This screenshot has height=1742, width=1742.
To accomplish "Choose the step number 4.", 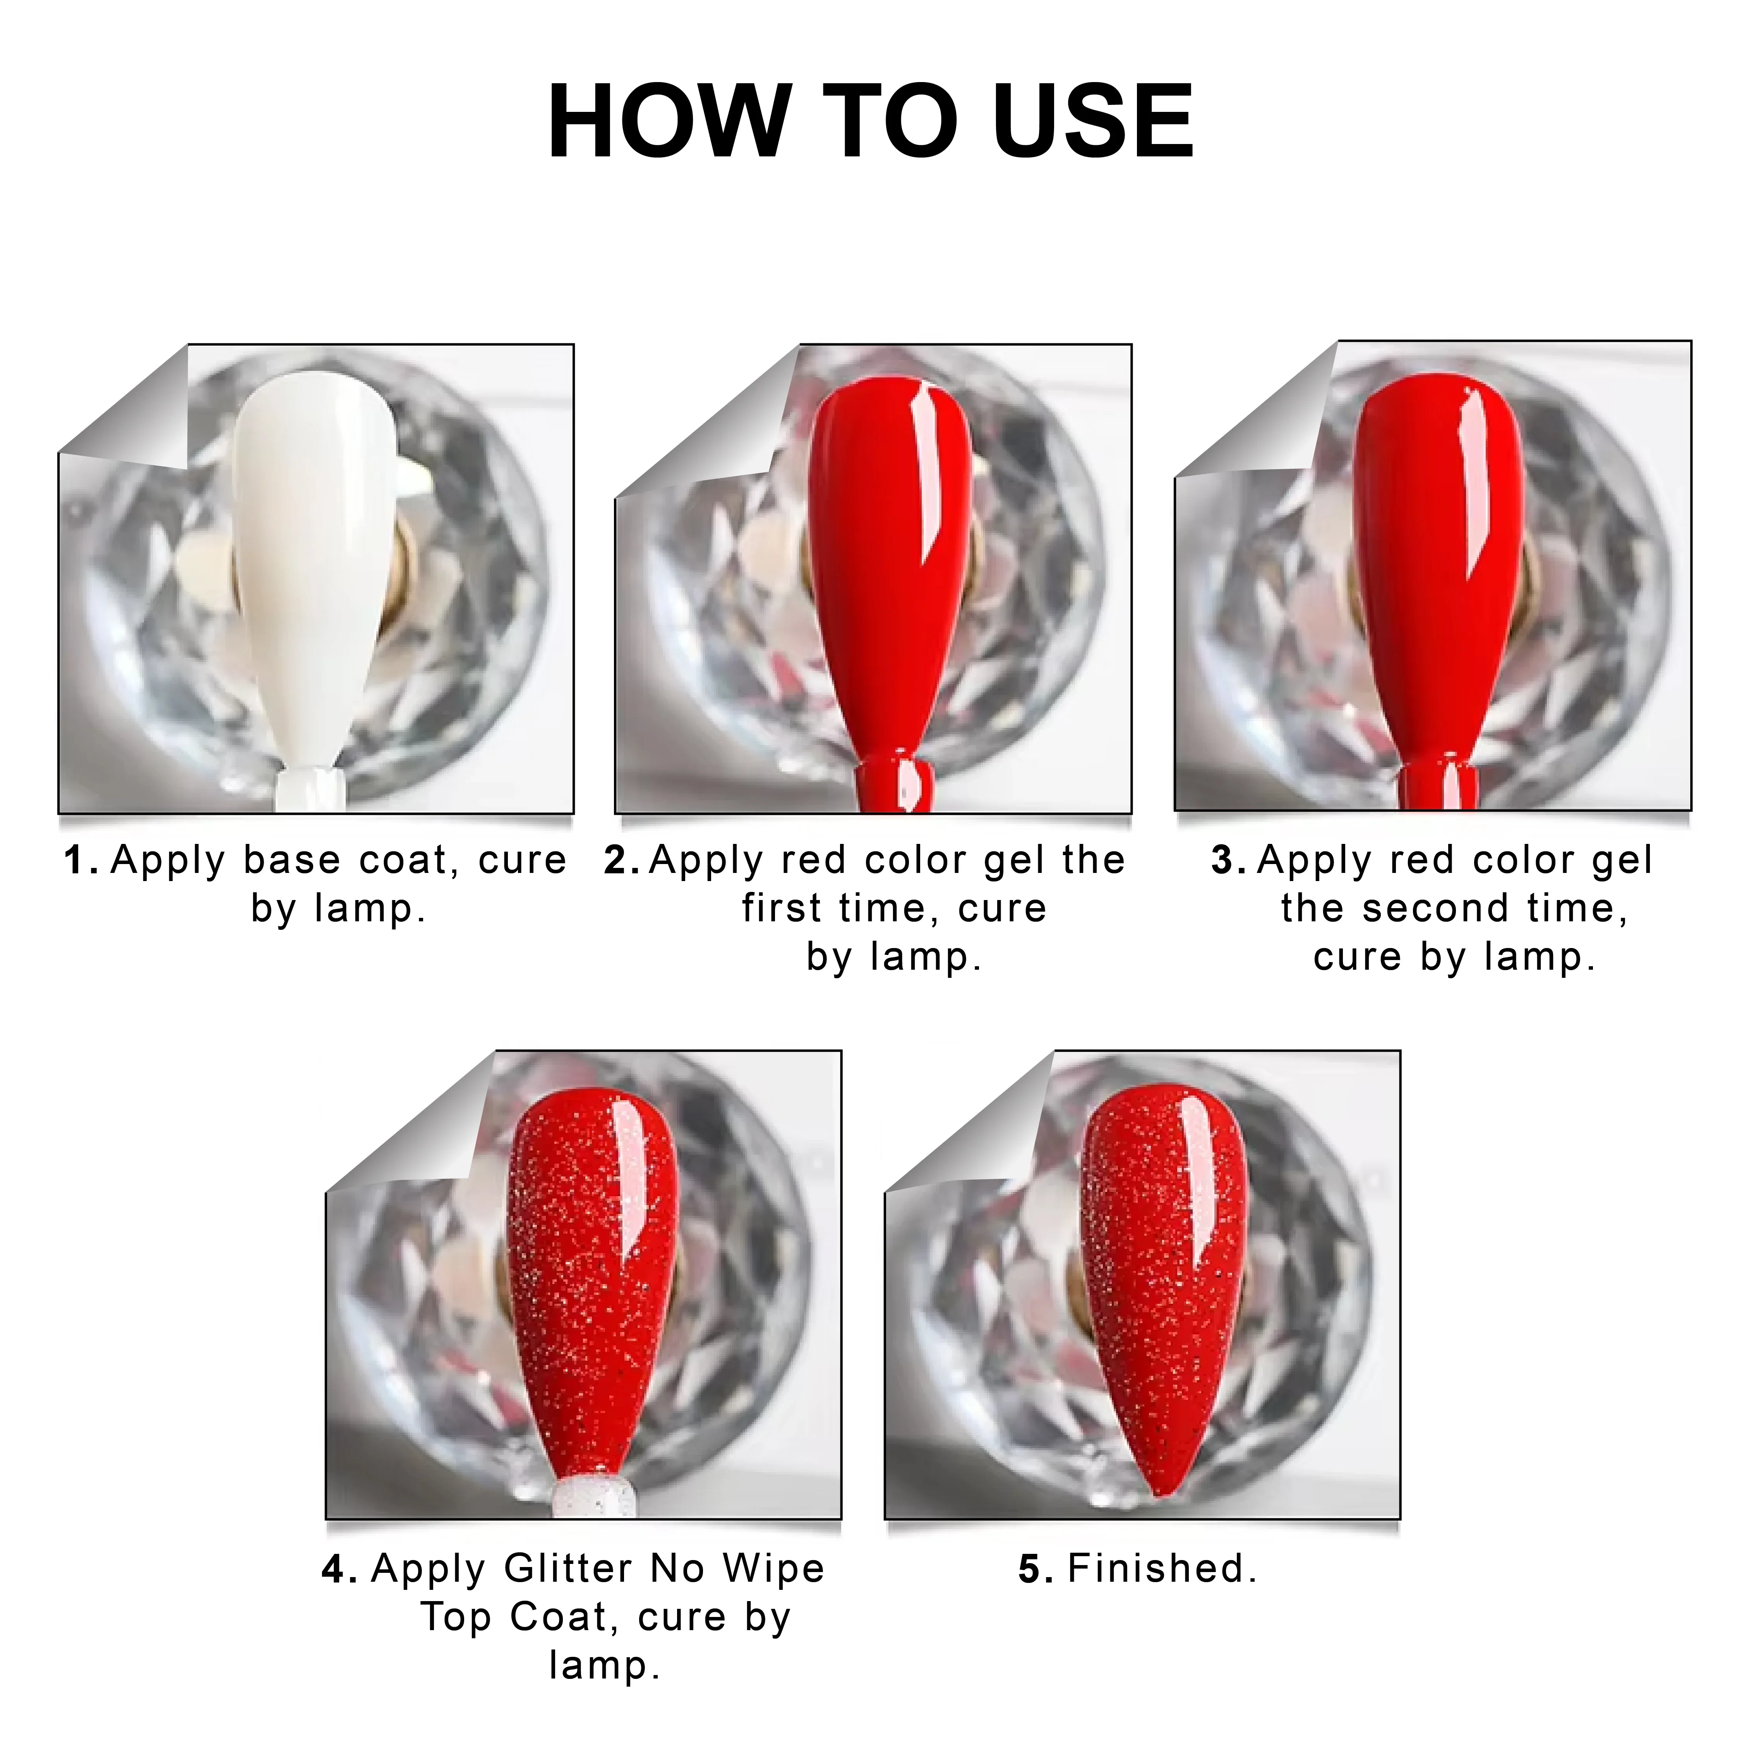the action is tap(339, 1570).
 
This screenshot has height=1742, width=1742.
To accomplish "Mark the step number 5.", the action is tap(1036, 1570).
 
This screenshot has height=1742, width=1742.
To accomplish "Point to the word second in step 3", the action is tap(1435, 908).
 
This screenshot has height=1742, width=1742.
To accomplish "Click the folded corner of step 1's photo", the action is tap(135, 415).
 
